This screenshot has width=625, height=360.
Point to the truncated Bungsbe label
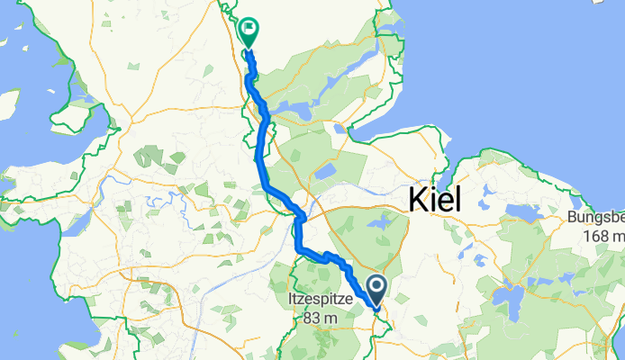point(595,218)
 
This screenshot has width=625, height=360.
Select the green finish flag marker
point(246,33)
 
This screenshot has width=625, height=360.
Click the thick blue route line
point(261,162)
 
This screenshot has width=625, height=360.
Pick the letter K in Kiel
point(418,200)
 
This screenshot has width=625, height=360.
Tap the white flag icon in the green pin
point(246,29)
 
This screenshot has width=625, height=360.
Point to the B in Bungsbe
point(571,218)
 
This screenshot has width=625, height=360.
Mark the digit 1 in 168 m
point(587,235)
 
